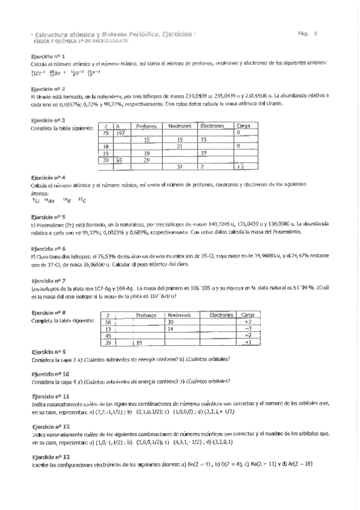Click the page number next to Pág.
tap(323, 34)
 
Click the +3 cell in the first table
tap(240, 167)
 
